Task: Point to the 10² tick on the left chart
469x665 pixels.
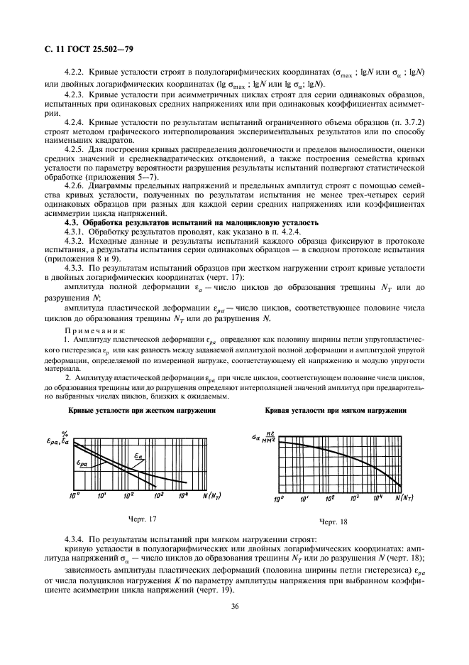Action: (x=129, y=494)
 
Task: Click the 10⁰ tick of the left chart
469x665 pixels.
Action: (x=75, y=494)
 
